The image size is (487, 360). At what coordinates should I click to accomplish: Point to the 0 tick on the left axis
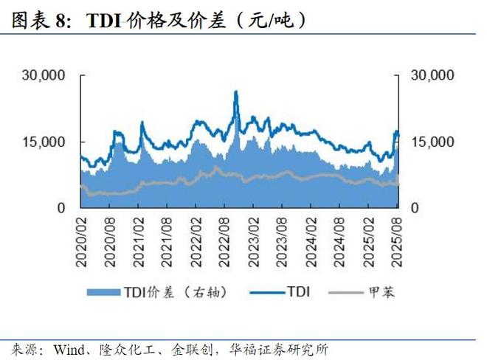[x=63, y=208]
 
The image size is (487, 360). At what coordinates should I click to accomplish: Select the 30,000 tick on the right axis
[x=432, y=75]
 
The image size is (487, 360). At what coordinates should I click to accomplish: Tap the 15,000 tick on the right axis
[x=432, y=142]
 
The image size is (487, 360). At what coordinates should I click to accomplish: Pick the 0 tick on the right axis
[x=415, y=208]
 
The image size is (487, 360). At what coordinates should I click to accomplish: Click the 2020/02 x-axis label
[x=80, y=235]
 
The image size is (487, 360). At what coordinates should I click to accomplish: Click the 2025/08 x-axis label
[x=396, y=235]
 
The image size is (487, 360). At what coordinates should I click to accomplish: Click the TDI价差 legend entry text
[x=180, y=292]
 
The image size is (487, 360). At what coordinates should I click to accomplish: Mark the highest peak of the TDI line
[x=235, y=91]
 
